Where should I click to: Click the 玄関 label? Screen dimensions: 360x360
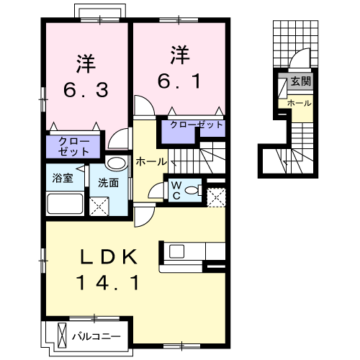(x=301, y=81)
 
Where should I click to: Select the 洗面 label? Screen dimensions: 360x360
(x=108, y=181)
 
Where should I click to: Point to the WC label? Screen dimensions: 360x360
(x=175, y=189)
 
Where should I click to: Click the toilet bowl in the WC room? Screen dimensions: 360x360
(x=192, y=190)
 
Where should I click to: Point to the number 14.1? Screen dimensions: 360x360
(x=109, y=283)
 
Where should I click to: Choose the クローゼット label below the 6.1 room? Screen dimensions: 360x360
(x=197, y=125)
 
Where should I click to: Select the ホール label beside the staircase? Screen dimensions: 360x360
(x=150, y=162)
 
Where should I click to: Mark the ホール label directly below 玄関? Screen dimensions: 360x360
(x=300, y=103)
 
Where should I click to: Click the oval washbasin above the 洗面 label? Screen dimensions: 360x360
(x=115, y=163)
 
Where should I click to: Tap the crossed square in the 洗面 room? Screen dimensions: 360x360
(x=98, y=205)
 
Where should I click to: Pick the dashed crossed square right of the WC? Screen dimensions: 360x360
(x=215, y=195)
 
